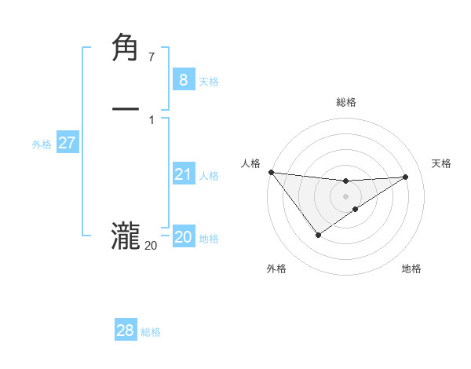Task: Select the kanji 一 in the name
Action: pyautogui.click(x=126, y=109)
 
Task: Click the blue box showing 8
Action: pyautogui.click(x=183, y=79)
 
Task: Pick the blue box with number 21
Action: pyautogui.click(x=183, y=174)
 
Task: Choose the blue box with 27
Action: pyautogui.click(x=67, y=142)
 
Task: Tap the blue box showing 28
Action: pyautogui.click(x=126, y=331)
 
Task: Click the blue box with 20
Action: pyautogui.click(x=183, y=237)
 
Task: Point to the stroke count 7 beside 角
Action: pyautogui.click(x=151, y=57)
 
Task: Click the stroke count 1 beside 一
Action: pyautogui.click(x=151, y=120)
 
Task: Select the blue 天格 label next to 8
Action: pyautogui.click(x=209, y=81)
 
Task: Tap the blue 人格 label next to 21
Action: pyautogui.click(x=209, y=176)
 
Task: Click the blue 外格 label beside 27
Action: pyautogui.click(x=42, y=144)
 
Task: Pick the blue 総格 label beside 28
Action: pyautogui.click(x=152, y=333)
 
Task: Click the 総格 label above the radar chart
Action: pyautogui.click(x=346, y=102)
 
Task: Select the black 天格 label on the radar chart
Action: pyautogui.click(x=441, y=163)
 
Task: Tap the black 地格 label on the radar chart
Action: pyautogui.click(x=411, y=269)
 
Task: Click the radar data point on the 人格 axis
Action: pyautogui.click(x=271, y=172)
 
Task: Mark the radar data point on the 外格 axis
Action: pyautogui.click(x=318, y=235)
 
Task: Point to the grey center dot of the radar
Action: pyautogui.click(x=346, y=195)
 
